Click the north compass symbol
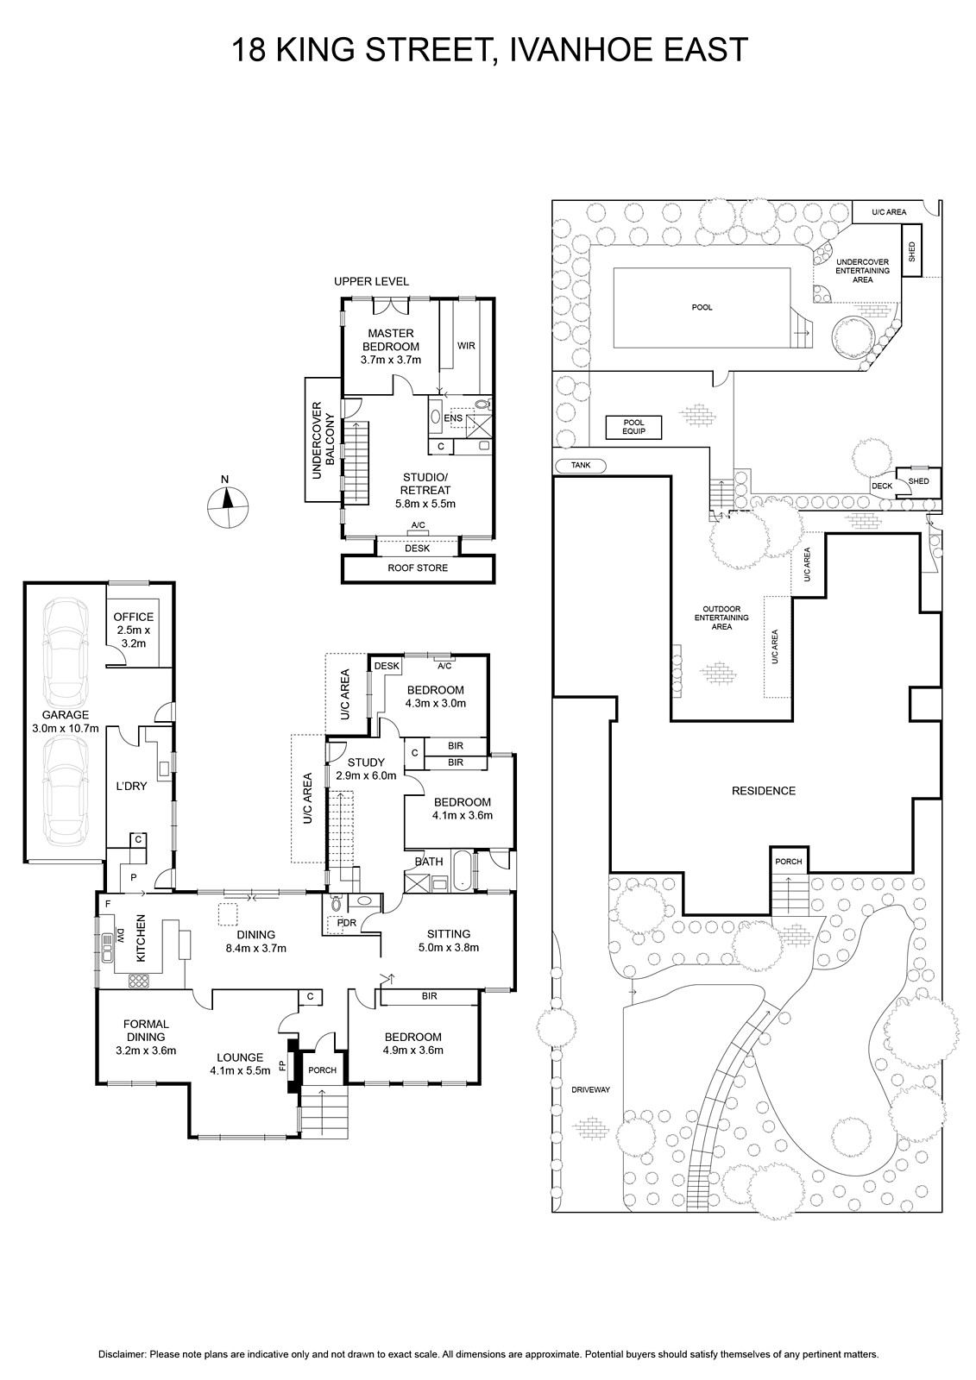click(228, 506)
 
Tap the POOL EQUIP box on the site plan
click(633, 427)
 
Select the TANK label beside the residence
click(581, 465)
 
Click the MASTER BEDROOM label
click(390, 340)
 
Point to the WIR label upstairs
click(466, 346)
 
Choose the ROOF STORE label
click(418, 568)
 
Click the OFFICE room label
click(134, 617)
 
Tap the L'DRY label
click(132, 786)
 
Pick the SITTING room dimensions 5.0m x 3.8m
click(448, 948)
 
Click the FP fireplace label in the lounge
click(283, 1065)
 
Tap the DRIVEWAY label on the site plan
click(590, 1090)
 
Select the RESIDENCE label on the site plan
click(764, 790)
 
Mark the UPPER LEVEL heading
click(371, 281)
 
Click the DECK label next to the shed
click(882, 486)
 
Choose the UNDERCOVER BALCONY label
click(324, 440)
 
